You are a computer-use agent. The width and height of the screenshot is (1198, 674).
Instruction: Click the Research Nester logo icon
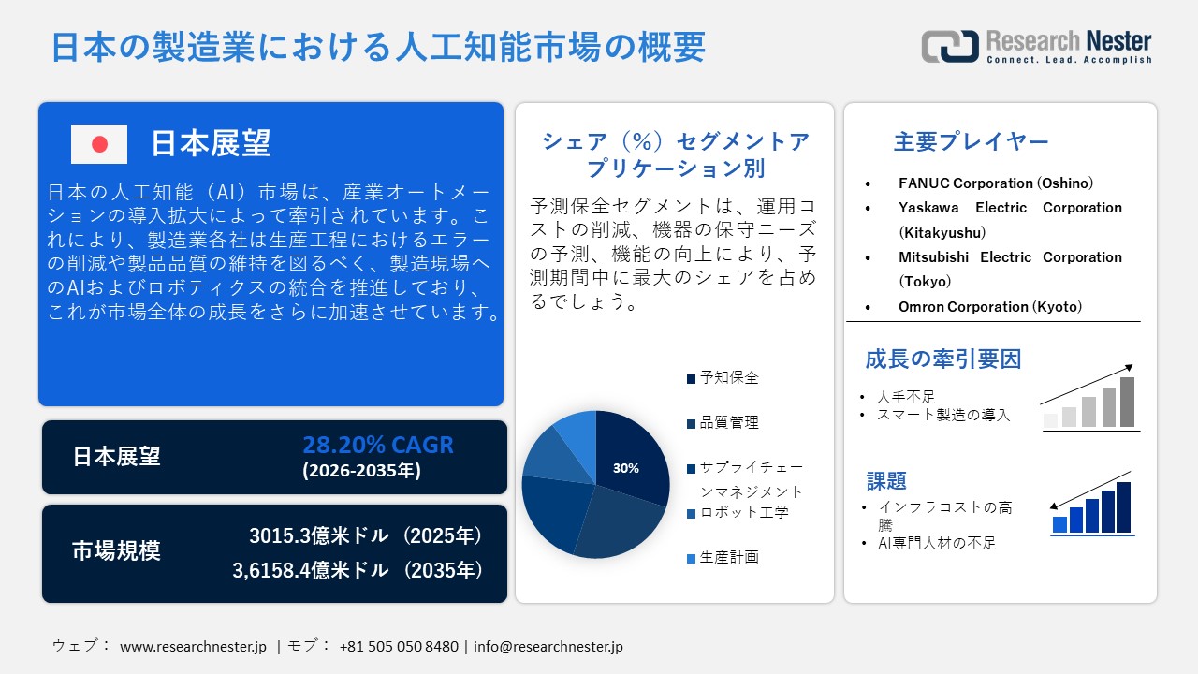949,46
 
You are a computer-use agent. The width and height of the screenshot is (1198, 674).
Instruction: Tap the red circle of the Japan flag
99,144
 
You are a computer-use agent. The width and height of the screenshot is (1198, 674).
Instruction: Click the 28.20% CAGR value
377,445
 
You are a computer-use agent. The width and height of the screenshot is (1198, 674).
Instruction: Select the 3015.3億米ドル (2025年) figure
366,535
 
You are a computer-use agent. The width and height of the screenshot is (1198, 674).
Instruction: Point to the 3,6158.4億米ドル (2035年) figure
358,569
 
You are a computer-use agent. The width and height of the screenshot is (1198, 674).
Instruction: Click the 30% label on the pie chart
625,468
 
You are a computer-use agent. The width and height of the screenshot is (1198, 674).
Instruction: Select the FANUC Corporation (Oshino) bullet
995,183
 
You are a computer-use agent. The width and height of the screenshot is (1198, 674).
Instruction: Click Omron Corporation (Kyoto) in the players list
989,306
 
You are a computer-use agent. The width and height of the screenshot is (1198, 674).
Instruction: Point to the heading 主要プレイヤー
971,142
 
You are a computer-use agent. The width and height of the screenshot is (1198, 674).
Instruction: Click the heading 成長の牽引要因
942,359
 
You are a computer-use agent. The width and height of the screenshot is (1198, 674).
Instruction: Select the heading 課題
886,481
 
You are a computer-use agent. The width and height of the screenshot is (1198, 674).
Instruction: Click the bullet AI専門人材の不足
936,543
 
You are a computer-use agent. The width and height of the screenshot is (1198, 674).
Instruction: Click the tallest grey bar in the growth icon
1127,402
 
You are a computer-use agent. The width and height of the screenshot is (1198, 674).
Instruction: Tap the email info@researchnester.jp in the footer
548,646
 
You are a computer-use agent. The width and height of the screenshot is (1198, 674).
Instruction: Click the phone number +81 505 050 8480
399,646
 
